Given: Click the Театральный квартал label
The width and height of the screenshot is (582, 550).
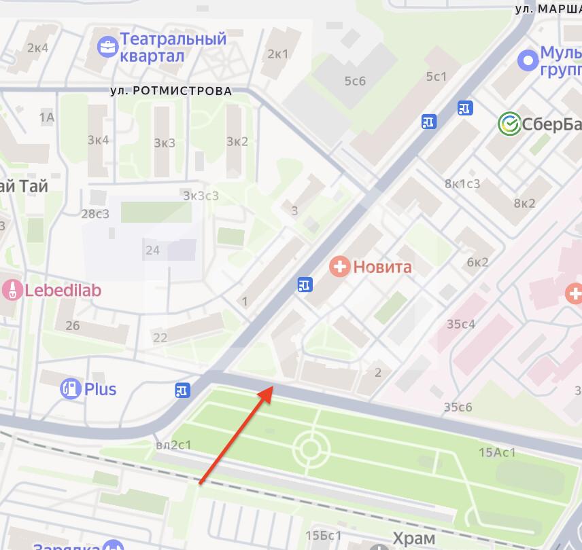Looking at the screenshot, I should click(x=173, y=48).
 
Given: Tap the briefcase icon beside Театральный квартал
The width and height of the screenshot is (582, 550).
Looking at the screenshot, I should click(x=107, y=47).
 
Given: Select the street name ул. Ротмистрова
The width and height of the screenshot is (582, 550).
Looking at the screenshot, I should click(x=171, y=90).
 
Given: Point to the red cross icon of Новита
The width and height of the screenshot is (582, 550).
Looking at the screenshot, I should click(x=339, y=266).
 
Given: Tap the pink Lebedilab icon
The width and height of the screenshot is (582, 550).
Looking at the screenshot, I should click(x=10, y=290).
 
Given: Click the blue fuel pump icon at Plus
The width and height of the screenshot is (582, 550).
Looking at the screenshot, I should click(x=70, y=389).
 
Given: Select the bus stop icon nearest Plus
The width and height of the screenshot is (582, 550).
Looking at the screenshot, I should click(x=182, y=390).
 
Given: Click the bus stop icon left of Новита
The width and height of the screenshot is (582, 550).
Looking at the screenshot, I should click(x=305, y=285).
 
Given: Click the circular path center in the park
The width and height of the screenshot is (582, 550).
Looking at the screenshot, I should click(x=311, y=448).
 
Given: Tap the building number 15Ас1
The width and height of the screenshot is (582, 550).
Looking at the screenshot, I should click(x=497, y=453).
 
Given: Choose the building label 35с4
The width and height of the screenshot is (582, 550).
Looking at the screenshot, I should click(x=460, y=324).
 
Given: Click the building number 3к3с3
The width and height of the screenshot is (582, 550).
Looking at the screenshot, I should click(x=201, y=196).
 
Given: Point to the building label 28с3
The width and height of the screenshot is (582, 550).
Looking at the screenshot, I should click(x=95, y=214).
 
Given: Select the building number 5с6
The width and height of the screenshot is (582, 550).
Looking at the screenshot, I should click(x=355, y=81).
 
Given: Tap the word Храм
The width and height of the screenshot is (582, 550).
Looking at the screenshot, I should click(x=413, y=539).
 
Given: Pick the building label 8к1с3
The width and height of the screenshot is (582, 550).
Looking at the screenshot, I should click(x=462, y=183).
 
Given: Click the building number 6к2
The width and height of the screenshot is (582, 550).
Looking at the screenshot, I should click(x=477, y=262).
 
